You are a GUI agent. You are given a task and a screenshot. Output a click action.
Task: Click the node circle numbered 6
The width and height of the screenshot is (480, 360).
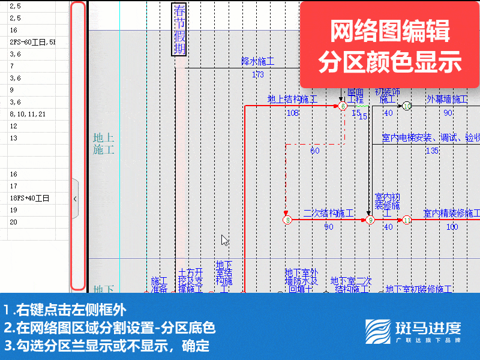[x=343, y=106]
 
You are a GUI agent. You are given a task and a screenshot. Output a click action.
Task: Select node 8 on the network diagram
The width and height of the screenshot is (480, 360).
[x=287, y=220]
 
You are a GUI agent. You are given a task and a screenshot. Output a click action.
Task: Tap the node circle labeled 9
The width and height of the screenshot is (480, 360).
[x=370, y=220]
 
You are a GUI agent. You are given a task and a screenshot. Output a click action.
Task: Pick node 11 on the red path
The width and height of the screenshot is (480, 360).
[x=407, y=220]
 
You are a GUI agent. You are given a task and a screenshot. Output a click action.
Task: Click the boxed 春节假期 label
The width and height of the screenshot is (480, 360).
[x=179, y=29]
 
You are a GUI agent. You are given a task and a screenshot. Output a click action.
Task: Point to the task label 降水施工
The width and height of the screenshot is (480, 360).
[x=257, y=61]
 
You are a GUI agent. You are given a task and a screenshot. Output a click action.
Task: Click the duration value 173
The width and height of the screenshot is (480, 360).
[x=257, y=74]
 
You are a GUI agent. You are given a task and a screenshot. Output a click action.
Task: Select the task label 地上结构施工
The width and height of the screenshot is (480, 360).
[x=292, y=99]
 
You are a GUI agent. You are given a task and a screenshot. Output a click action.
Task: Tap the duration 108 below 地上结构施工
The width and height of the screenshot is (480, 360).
[x=292, y=113]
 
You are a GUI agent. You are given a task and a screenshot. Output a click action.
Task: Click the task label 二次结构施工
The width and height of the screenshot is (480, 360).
[x=328, y=213]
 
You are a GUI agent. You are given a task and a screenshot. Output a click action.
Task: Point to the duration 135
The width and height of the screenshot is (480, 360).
[x=432, y=151]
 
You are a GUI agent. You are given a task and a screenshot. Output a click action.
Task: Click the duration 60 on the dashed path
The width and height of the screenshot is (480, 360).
[x=315, y=151]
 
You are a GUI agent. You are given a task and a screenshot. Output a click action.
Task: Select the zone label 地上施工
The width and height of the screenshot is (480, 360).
[x=103, y=144]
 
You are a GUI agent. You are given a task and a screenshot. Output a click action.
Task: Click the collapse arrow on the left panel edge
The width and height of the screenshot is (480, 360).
[x=75, y=198]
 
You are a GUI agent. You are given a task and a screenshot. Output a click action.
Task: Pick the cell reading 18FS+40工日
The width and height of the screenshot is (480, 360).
[x=29, y=198]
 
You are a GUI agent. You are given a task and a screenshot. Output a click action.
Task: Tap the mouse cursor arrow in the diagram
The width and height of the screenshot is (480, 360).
[x=224, y=240]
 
